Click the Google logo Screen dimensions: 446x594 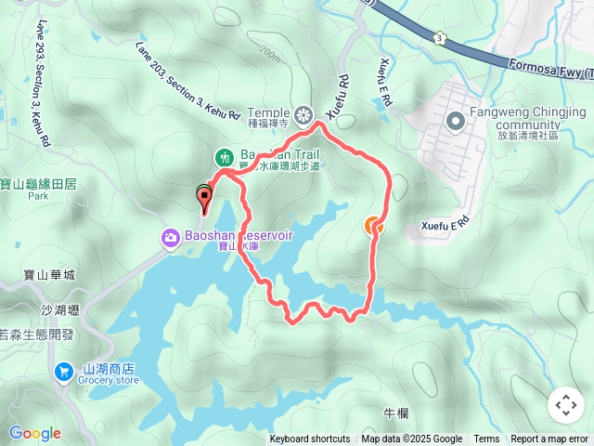tap(34, 433)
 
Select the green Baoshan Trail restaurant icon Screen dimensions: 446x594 tap(224, 157)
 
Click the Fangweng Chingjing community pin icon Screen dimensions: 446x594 tap(456, 122)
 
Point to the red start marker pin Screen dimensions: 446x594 tap(204, 195)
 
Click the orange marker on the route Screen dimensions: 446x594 tap(373, 226)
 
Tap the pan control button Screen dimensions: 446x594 tap(565, 405)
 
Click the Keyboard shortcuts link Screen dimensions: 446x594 tap(310, 439)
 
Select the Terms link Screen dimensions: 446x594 tap(486, 439)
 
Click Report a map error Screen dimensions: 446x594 tap(549, 439)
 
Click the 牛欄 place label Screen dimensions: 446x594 tap(394, 413)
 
